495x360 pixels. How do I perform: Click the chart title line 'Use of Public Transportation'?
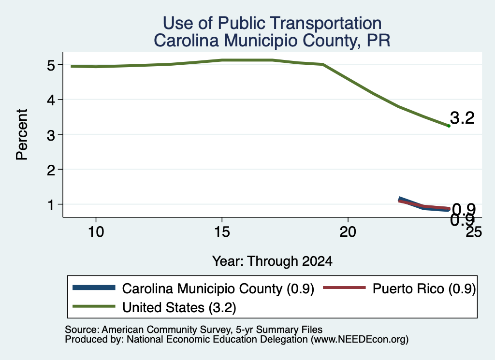coord(272,23)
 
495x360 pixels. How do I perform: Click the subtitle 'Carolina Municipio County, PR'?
coord(272,41)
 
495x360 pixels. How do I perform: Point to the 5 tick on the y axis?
coord(51,65)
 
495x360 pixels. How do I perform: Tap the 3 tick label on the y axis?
coord(51,135)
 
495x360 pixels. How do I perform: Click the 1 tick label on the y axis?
coord(51,205)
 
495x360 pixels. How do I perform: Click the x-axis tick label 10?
coord(96,232)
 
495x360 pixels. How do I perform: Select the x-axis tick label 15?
coord(222,232)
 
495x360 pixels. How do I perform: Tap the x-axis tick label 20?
coord(348,232)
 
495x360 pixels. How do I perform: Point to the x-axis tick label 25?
coord(474,232)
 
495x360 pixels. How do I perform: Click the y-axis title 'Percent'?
coord(22,135)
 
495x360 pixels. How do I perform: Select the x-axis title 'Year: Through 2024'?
coord(272,261)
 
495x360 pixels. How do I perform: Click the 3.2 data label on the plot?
coord(462,118)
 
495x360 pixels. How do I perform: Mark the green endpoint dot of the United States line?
coord(449,126)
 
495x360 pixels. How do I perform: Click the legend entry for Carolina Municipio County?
coord(193,288)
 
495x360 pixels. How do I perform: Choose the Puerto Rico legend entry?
coord(399,288)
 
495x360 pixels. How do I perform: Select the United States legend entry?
coord(154,307)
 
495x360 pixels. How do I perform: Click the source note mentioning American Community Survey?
coord(193,330)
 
